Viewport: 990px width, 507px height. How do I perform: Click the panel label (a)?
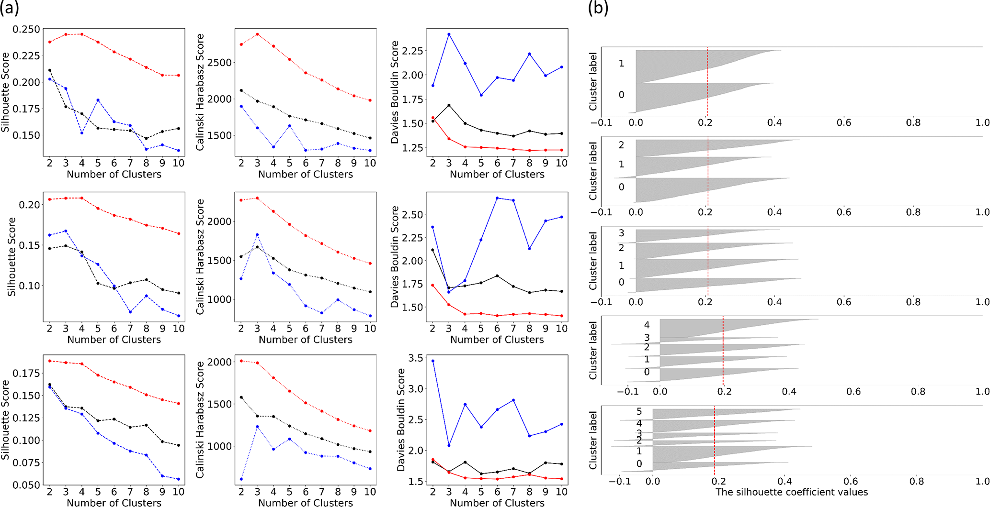pyautogui.click(x=9, y=9)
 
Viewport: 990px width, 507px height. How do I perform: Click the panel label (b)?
pyautogui.click(x=598, y=9)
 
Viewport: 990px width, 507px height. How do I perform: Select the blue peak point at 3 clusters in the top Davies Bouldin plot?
pyautogui.click(x=449, y=34)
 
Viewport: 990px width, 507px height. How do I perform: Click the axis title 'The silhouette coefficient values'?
pyautogui.click(x=791, y=492)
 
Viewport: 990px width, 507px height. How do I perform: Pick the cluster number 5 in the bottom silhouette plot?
pyautogui.click(x=639, y=412)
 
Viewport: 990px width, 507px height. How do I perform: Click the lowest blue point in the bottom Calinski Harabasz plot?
pyautogui.click(x=241, y=479)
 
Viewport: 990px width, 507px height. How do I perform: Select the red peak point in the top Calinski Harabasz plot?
pyautogui.click(x=257, y=34)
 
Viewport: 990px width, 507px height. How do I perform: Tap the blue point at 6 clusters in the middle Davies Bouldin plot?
pyautogui.click(x=497, y=198)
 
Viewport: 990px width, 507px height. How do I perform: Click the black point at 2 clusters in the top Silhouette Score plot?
pyautogui.click(x=50, y=70)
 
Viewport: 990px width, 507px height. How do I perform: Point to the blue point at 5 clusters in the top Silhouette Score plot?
pyautogui.click(x=98, y=100)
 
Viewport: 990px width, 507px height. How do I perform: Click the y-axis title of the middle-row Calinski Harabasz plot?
pyautogui.click(x=200, y=256)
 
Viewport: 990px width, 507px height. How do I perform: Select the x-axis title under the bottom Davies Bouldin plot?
pyautogui.click(x=497, y=503)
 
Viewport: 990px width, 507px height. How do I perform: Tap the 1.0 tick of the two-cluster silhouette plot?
pyautogui.click(x=982, y=123)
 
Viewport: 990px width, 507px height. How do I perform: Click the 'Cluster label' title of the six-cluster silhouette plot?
pyautogui.click(x=593, y=440)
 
